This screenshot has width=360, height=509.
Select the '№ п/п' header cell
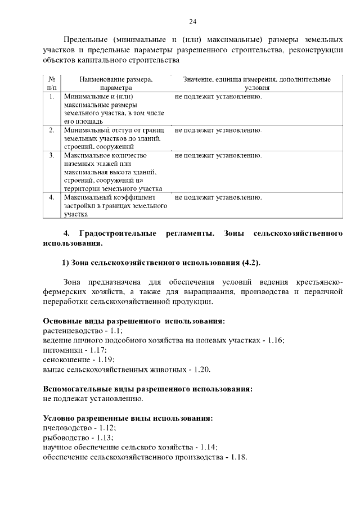click(51, 84)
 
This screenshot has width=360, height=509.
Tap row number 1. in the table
click(51, 96)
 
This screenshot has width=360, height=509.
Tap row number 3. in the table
click(51, 155)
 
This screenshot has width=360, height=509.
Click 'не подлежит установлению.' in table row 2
click(218, 130)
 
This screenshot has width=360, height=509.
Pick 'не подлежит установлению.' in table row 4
click(218, 197)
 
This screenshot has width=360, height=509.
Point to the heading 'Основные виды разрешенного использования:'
click(134, 321)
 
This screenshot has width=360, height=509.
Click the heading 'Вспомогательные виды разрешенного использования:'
click(147, 389)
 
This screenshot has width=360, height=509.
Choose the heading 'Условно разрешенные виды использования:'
click(128, 418)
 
